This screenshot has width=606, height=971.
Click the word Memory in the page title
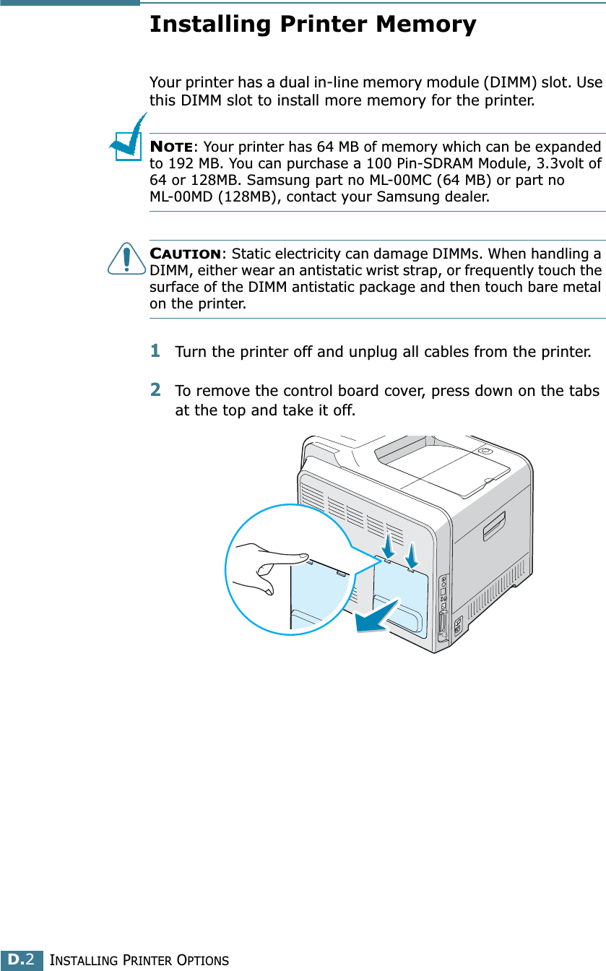coord(425,25)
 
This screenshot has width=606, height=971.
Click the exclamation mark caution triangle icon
coord(127,259)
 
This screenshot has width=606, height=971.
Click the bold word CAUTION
coord(185,254)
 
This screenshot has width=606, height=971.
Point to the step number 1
coord(155,351)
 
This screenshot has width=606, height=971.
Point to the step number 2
coord(155,389)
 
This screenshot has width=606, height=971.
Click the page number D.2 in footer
coord(22,960)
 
